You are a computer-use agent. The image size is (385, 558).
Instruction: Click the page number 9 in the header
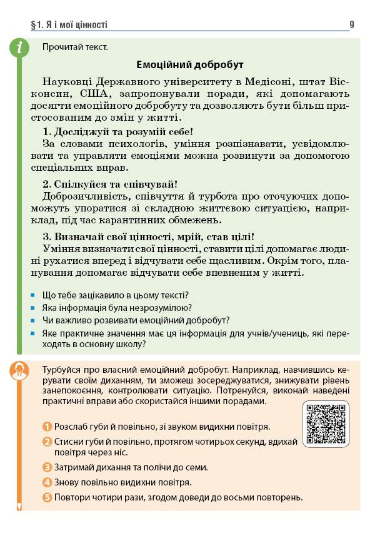click(x=352, y=25)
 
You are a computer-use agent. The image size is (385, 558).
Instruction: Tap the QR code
click(x=326, y=424)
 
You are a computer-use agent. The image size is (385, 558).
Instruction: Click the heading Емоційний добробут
click(x=189, y=65)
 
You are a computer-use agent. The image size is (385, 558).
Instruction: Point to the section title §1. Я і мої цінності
click(x=69, y=25)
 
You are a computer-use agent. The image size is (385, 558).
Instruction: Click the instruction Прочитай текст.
click(x=74, y=47)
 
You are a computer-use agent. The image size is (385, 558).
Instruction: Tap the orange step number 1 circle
click(x=47, y=427)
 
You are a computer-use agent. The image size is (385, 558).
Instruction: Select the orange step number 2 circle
click(x=47, y=442)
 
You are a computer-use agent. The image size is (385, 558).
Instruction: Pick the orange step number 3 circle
click(x=47, y=467)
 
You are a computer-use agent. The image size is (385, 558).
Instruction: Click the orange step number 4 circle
click(x=47, y=482)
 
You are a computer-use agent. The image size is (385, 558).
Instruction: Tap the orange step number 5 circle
click(x=47, y=497)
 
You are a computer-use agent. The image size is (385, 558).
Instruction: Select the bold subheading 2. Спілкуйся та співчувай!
click(x=110, y=184)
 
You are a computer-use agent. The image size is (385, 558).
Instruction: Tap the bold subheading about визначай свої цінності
click(x=148, y=236)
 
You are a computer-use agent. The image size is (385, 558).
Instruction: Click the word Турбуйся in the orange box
click(x=61, y=367)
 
